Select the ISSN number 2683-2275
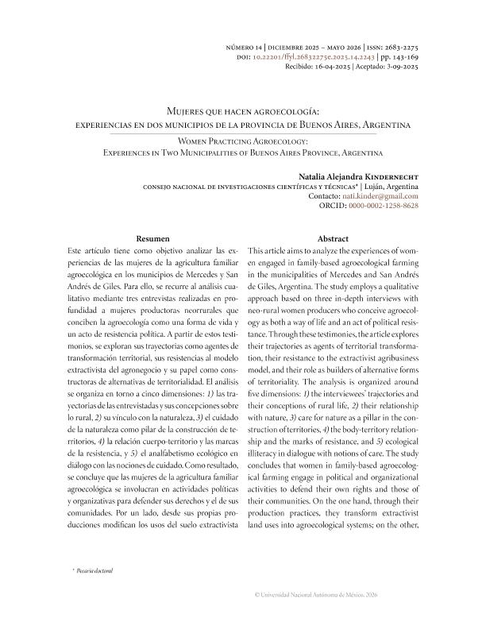click(398, 48)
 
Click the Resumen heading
click(152, 238)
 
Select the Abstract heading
click(333, 238)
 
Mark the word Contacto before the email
click(323, 195)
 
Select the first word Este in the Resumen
click(79, 249)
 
